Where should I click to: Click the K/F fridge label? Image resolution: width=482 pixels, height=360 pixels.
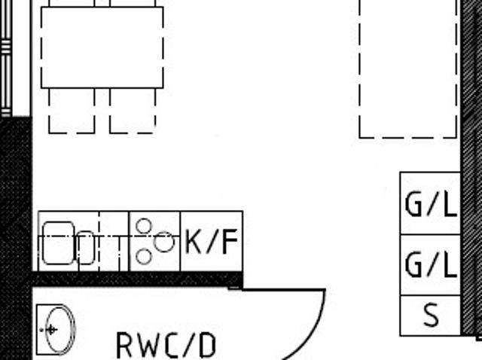pos(212,241)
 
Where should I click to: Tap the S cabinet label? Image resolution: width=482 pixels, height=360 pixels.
pos(431,315)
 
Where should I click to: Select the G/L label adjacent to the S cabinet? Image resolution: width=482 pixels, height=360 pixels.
pos(431,264)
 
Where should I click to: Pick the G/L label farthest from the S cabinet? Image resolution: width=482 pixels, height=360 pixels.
pos(431,204)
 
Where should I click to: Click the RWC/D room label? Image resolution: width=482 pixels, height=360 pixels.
pos(166,346)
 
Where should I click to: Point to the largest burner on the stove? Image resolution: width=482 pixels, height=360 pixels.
pos(164,242)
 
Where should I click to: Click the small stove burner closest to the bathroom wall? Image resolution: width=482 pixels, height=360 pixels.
pos(144,256)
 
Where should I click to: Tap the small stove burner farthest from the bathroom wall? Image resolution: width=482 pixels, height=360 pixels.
pos(144,226)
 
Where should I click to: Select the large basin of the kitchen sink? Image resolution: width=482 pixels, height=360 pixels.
pos(59,243)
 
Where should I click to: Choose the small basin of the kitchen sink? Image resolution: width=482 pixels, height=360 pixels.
pos(86,248)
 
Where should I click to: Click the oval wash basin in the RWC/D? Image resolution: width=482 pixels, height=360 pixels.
pos(60,330)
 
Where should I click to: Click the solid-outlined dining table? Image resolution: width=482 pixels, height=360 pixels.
pos(102,47)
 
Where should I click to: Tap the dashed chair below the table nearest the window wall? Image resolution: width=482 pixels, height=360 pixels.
pos(72,111)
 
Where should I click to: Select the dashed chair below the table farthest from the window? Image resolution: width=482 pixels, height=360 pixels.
pos(133,111)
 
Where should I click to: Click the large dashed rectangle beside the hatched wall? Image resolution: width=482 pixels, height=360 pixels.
pos(408,69)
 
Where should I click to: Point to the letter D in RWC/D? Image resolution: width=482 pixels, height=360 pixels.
pos(206,346)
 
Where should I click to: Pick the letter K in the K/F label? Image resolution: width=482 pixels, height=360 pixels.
pos(194,242)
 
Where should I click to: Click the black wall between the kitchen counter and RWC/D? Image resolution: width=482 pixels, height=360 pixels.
pos(137,279)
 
